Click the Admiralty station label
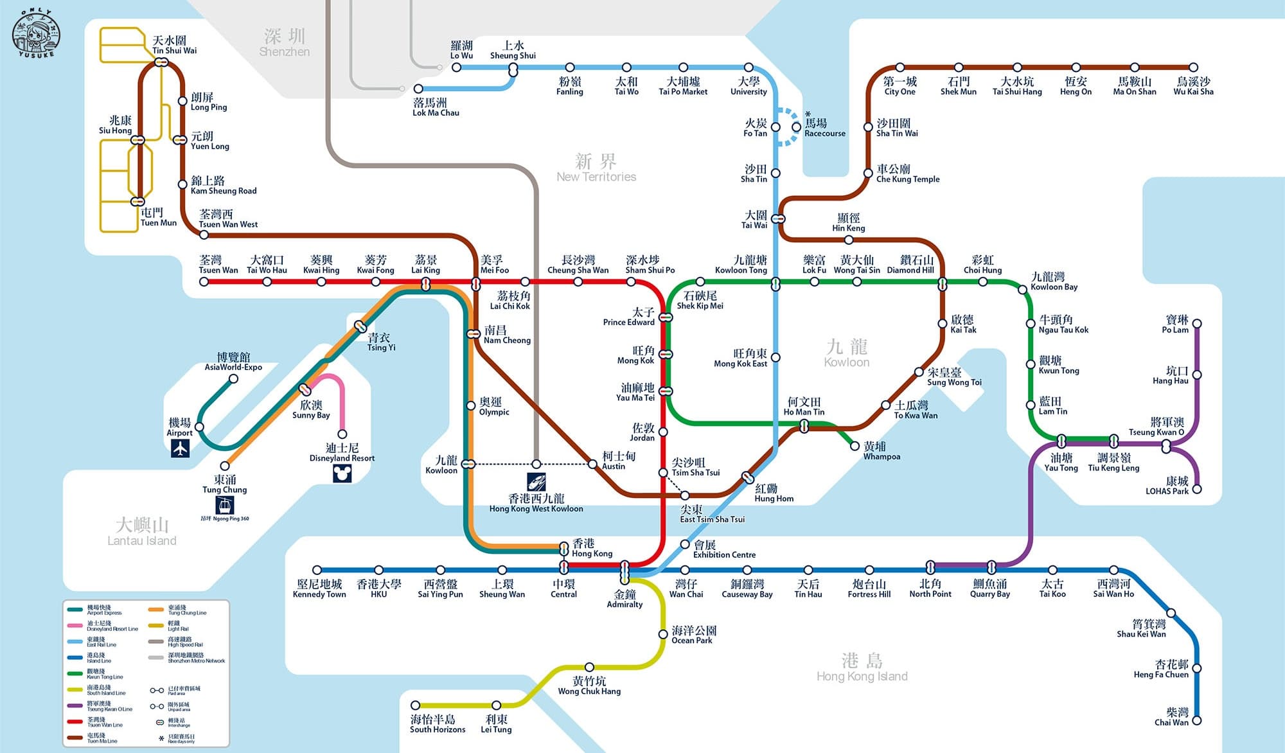tap(625, 599)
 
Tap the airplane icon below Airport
tap(181, 448)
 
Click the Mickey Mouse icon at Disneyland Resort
tap(342, 474)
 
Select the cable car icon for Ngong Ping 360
tap(224, 505)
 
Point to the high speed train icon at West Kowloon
tap(536, 481)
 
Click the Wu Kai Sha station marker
tap(1193, 67)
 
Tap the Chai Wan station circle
tap(1196, 721)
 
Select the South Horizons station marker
tap(416, 705)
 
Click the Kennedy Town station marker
tap(317, 570)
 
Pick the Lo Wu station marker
tap(456, 67)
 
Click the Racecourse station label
tap(824, 127)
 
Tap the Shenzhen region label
tap(285, 42)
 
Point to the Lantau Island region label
tap(142, 531)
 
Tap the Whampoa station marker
tap(855, 446)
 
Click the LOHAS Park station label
tap(1167, 486)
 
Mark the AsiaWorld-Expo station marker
tap(234, 379)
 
